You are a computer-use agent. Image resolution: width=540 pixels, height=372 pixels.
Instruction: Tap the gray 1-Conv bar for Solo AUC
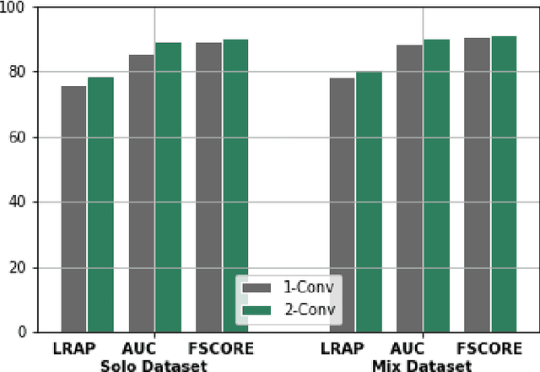tap(141, 193)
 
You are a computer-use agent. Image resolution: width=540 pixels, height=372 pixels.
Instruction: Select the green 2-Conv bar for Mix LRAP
tap(368, 202)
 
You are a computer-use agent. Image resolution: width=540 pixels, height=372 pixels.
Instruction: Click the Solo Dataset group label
tap(153, 364)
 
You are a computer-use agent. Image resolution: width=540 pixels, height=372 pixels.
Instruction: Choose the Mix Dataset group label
tap(422, 364)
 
